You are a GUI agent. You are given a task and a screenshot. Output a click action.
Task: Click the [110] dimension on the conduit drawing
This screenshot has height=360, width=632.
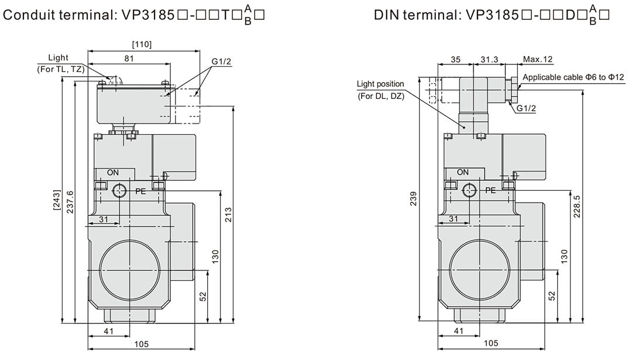coord(142,44)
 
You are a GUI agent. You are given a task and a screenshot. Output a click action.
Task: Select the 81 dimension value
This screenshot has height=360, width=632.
coord(129,59)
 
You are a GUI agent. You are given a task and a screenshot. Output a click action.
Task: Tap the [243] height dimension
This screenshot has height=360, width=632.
coord(56,200)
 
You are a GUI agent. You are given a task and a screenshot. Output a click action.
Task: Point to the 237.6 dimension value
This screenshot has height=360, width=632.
coord(70,202)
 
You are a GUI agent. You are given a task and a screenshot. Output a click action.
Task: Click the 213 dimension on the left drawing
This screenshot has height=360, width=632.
coord(229,215)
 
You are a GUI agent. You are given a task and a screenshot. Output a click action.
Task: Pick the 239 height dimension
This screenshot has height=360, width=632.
coord(414,199)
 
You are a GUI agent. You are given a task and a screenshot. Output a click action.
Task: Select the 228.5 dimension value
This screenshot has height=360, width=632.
coord(577,207)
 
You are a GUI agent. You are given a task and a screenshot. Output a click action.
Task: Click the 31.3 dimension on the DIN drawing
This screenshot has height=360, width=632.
coord(489,60)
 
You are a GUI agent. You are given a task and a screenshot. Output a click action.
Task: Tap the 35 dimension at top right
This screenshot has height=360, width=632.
coord(455,60)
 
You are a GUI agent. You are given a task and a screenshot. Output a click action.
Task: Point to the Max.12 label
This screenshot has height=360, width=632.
coord(538,60)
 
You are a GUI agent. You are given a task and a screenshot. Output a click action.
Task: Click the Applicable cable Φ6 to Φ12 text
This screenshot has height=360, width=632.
coord(573,77)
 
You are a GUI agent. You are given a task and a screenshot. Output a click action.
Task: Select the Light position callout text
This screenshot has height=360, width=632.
coord(380,84)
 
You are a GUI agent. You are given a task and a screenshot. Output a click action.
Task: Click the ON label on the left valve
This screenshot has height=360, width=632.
coord(113,173)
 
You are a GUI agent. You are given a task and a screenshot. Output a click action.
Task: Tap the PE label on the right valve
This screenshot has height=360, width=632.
coord(490,190)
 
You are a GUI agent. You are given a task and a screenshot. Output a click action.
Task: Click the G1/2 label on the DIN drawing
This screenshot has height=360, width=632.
coord(526,108)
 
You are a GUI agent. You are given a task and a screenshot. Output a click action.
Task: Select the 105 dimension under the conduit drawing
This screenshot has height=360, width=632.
coord(141,344)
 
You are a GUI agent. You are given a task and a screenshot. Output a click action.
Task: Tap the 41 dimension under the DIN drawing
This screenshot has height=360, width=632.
coord(459,331)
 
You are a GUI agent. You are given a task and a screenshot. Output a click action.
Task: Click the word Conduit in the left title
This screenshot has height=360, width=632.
coord(29,15)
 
